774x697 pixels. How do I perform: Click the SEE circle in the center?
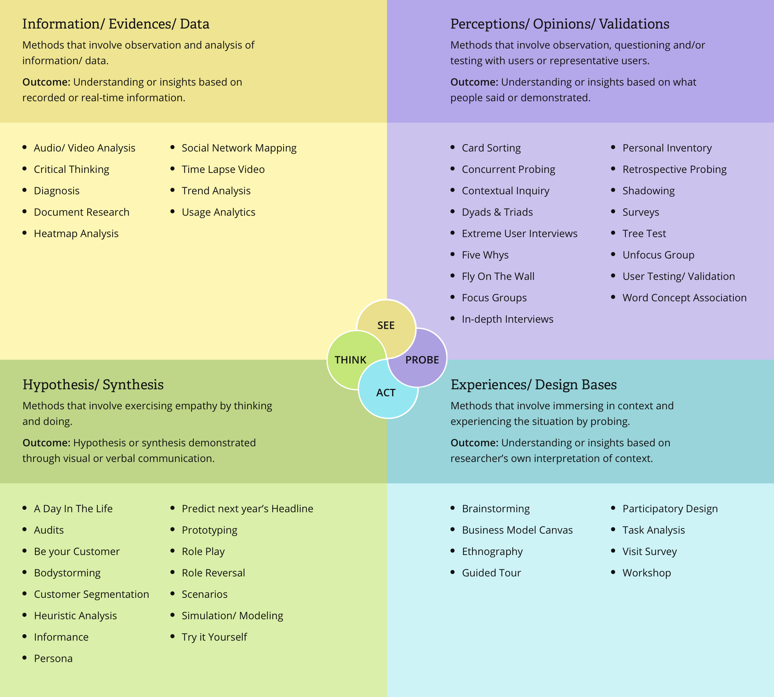point(386,325)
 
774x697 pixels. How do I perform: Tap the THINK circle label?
point(350,360)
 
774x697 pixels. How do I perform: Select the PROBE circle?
point(422,360)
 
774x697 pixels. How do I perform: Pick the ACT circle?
point(386,393)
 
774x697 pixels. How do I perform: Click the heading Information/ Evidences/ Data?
point(116,24)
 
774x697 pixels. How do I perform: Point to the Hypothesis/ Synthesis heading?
point(93,385)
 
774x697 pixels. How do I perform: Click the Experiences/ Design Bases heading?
point(533,385)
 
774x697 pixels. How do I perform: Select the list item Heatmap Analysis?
point(76,234)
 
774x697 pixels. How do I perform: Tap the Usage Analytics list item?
point(218,212)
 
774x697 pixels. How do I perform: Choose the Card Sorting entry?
point(491,148)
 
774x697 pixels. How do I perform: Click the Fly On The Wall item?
point(498,276)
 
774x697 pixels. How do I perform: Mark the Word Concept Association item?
point(684,298)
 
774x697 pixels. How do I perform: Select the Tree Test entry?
point(644,234)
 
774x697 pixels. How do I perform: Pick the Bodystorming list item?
point(67,573)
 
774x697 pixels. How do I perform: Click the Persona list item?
point(53,659)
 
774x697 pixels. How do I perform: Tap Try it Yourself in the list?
point(214,637)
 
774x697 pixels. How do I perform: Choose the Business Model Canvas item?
point(517,530)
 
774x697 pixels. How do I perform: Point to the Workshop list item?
point(647,573)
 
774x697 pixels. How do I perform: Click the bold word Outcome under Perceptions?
point(474,82)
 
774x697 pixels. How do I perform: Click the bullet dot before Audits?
point(25,530)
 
